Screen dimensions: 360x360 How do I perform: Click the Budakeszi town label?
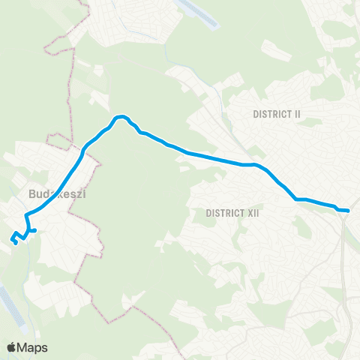(58, 194)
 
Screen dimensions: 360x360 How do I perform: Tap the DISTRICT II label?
(277, 114)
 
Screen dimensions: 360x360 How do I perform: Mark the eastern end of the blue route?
(348, 211)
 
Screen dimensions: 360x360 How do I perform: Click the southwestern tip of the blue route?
(16, 241)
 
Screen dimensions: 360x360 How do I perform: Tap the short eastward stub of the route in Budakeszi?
(33, 230)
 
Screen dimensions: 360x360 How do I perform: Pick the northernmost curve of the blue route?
(121, 117)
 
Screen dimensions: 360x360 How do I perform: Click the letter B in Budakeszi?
(31, 194)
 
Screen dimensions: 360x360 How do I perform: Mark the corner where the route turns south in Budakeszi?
(27, 216)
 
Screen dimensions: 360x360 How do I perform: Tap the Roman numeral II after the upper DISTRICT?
(296, 114)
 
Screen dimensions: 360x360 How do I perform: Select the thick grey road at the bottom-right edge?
(351, 315)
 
